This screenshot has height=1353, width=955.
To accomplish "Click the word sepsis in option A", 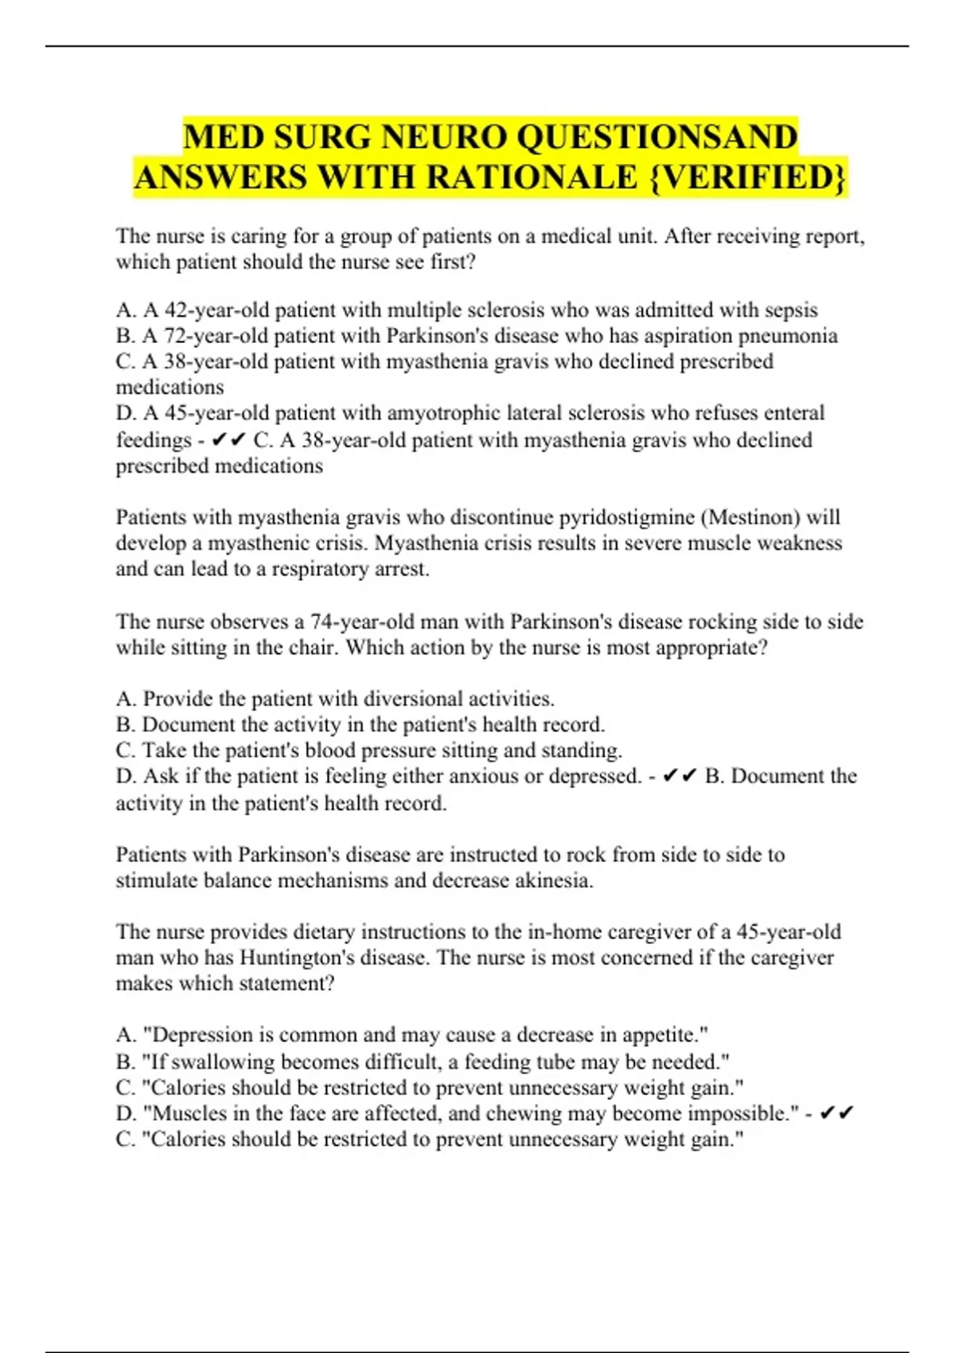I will click(791, 310).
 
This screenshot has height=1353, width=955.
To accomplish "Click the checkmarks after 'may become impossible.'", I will click(836, 1113).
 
